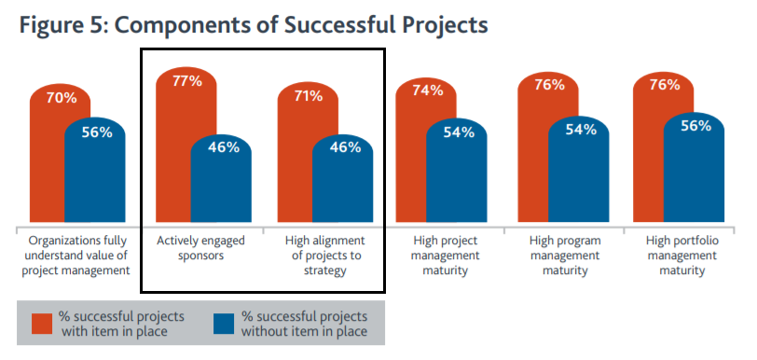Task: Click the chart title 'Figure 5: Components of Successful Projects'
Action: [254, 25]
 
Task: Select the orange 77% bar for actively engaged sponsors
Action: [173, 145]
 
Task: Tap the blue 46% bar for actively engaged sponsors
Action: [221, 179]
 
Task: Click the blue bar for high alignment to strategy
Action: [343, 179]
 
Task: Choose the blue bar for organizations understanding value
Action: [95, 170]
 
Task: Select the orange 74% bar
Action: [411, 150]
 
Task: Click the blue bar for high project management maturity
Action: [457, 171]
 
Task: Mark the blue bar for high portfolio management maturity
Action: [695, 168]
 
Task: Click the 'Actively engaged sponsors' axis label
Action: [200, 248]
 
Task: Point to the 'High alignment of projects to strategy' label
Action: [325, 256]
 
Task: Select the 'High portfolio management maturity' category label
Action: [682, 256]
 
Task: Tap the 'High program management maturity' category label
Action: [565, 256]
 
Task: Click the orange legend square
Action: [42, 324]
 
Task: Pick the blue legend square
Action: [224, 324]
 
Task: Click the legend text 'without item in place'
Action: [304, 332]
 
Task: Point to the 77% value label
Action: [186, 81]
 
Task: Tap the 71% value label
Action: [308, 96]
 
